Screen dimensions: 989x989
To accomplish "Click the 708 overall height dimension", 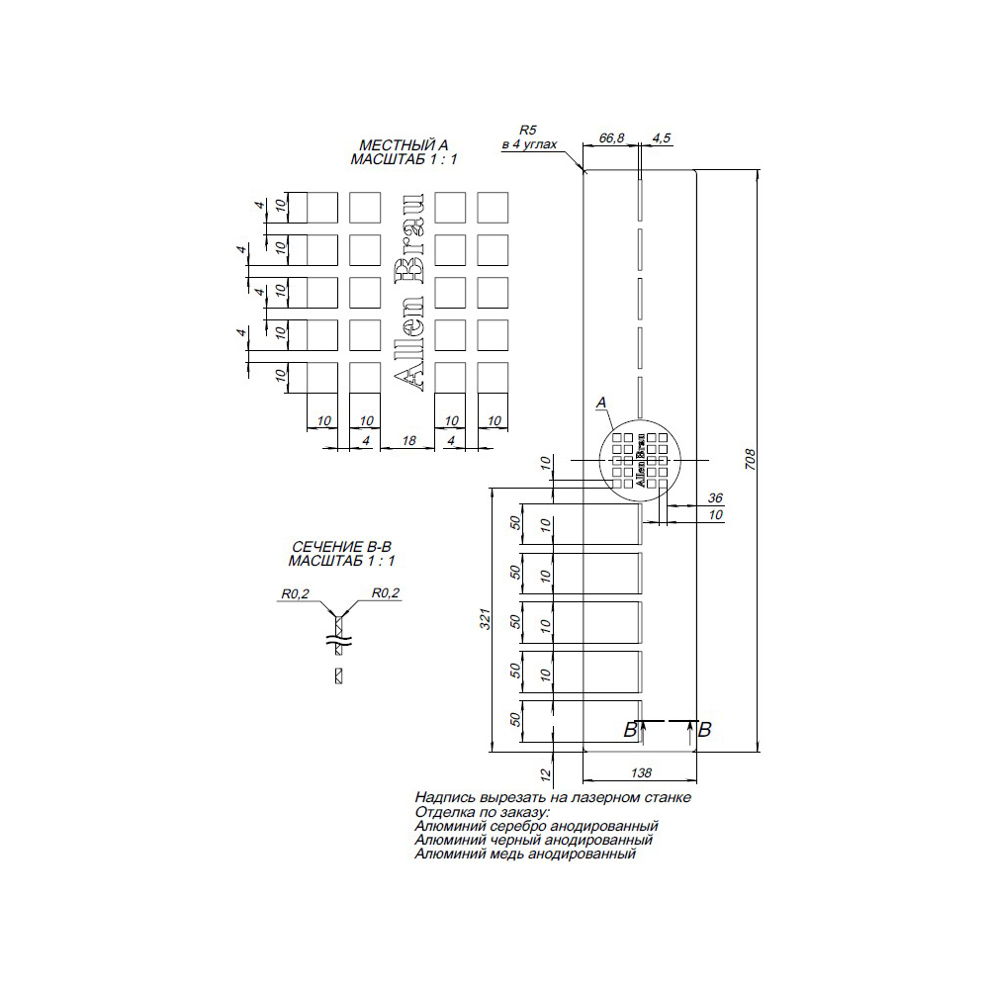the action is pos(750,459).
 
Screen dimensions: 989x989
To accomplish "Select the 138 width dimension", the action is pos(641,772).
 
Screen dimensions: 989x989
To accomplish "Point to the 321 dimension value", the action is pos(485,619).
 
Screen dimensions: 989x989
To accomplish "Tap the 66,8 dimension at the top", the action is pos(611,137).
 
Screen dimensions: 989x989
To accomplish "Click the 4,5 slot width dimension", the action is pos(661,137).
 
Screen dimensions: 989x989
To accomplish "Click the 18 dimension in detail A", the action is pos(408,440).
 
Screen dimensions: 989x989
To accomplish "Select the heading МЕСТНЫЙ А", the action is pos(403,145).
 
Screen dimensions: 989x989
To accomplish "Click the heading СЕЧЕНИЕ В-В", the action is pos(341,547).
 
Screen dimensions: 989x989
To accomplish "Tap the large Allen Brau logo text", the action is pos(408,293).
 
